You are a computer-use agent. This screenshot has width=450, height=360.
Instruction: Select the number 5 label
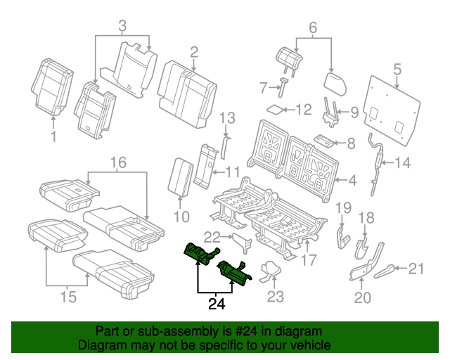(397, 69)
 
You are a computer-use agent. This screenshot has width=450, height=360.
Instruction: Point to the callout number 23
(275, 297)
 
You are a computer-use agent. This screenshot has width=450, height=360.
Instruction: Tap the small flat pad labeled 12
(276, 109)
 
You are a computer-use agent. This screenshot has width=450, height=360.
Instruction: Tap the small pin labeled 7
(283, 88)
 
